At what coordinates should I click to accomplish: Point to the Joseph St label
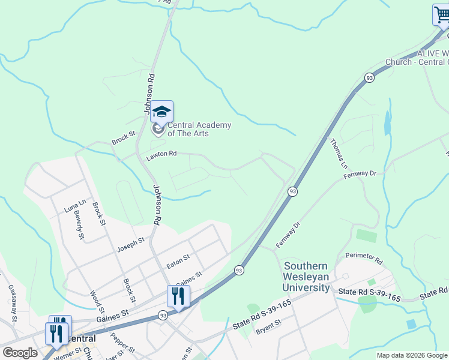(x=131, y=244)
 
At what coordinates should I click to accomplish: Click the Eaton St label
(x=178, y=260)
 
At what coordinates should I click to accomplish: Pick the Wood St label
(x=95, y=303)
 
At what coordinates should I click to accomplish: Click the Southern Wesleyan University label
(x=306, y=277)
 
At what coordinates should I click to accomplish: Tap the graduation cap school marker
(x=161, y=112)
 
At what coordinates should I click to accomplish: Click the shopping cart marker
(x=442, y=15)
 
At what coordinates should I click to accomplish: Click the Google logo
(x=20, y=353)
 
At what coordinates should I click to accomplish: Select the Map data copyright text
(x=412, y=355)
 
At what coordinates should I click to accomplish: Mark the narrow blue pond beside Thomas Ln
(x=388, y=124)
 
